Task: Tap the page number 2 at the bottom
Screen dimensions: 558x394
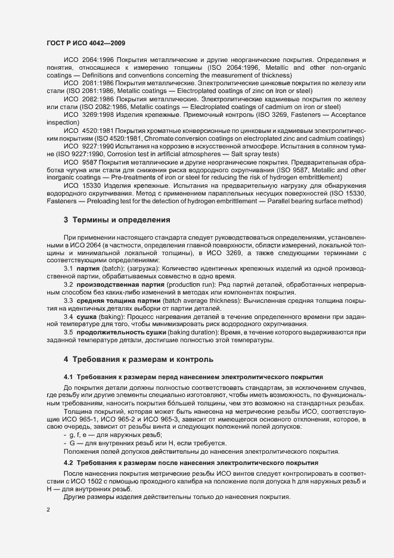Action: [48, 510]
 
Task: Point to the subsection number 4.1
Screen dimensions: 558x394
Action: [69, 377]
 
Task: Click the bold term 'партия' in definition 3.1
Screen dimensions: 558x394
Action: [88, 268]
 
